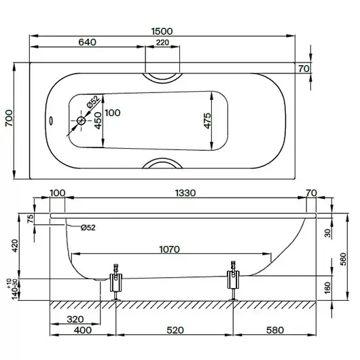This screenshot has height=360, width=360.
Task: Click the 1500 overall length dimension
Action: point(162,31)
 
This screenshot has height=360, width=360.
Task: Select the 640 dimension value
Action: point(87,42)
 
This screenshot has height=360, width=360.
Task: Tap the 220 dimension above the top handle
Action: point(162,43)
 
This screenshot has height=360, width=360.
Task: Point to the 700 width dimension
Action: point(10,118)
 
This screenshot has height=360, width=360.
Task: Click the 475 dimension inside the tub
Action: point(207,121)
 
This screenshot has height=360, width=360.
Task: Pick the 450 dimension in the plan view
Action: point(98,120)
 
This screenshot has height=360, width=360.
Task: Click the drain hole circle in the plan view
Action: point(81,120)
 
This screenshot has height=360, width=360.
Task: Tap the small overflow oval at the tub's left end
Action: point(51,120)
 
